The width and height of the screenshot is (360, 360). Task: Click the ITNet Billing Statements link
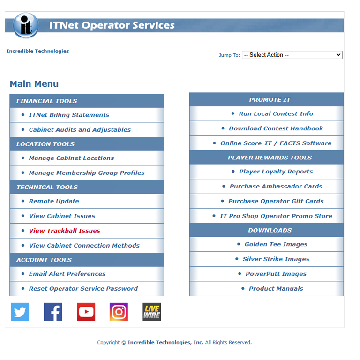pos(69,115)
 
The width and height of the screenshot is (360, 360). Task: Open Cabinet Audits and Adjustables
pos(80,130)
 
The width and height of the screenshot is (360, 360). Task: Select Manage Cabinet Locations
pos(71,158)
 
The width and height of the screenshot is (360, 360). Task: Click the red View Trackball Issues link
pos(64,231)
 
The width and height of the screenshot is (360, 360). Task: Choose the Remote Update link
pos(54,201)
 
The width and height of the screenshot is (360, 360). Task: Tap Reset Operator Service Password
pos(83,289)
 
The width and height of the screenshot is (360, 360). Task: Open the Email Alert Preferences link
pos(67,274)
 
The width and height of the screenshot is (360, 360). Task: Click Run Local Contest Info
pos(276,113)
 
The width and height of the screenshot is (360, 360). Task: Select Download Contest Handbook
pos(276,128)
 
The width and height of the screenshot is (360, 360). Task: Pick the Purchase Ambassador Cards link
pos(276,186)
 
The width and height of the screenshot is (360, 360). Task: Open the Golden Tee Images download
pos(276,244)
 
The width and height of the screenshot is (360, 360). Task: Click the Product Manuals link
pos(276,289)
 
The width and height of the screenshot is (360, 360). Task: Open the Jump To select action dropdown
pos(292,55)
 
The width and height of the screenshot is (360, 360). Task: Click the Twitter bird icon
pos(20,312)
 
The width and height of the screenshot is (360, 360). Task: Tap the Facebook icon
pos(53,312)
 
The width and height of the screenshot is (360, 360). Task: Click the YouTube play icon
pos(86,312)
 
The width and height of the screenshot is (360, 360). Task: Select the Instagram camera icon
pos(119,312)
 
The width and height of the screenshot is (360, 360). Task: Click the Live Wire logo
pos(151,312)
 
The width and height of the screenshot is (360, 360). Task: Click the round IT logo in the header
pos(26,25)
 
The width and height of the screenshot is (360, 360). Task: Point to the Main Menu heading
pos(34,84)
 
